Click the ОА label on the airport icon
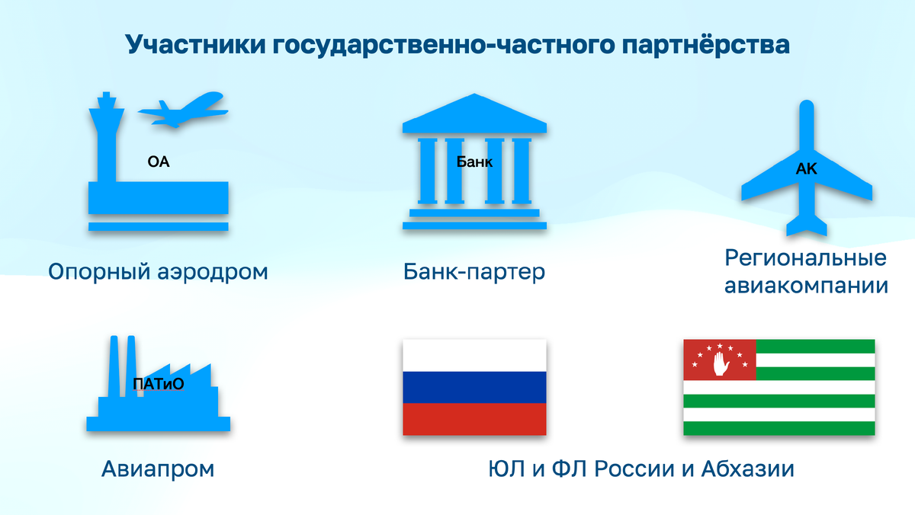(159, 162)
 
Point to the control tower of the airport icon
(104, 137)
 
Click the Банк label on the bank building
(474, 162)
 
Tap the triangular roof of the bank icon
(474, 114)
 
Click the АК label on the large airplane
(806, 170)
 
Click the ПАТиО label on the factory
(159, 385)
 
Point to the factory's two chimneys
(122, 366)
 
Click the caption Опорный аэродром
(159, 272)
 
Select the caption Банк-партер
(474, 272)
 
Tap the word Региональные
(806, 257)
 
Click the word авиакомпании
(806, 286)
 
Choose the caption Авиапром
(158, 469)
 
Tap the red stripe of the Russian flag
(474, 419)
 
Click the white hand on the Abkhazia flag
(720, 361)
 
